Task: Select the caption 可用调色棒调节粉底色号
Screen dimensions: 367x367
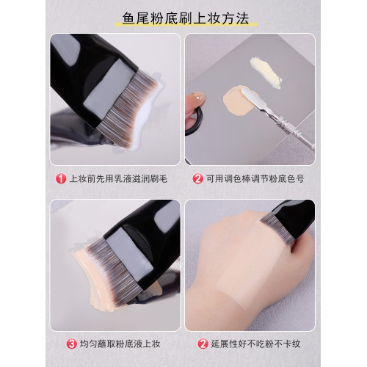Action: point(257,178)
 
